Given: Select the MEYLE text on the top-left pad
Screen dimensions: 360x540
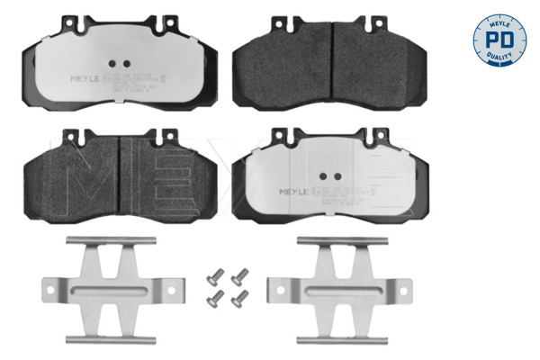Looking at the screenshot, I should pos(87,77).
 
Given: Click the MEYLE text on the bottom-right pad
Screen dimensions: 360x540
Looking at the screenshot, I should pos(296,191).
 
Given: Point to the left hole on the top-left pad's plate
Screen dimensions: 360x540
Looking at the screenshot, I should pos(114,63).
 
